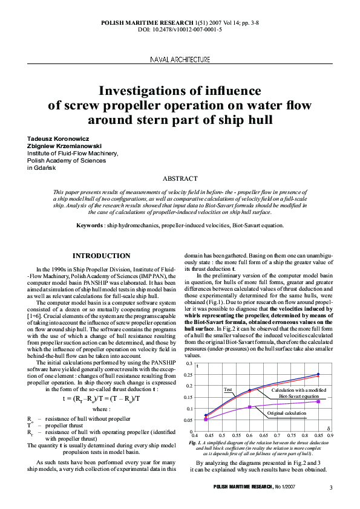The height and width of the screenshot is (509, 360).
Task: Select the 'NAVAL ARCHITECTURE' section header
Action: tap(180, 60)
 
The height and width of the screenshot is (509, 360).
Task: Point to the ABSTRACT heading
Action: tap(180, 178)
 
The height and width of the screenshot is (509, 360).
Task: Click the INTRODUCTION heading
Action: tap(101, 256)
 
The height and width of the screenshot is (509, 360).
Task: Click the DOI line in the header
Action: tap(180, 29)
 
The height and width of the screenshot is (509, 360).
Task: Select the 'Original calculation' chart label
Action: tap(287, 412)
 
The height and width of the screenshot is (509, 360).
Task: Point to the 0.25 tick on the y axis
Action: tap(190, 375)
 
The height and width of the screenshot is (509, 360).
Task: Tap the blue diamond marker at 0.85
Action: tap(318, 374)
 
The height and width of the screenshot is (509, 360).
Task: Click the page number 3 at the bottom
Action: tap(331, 487)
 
